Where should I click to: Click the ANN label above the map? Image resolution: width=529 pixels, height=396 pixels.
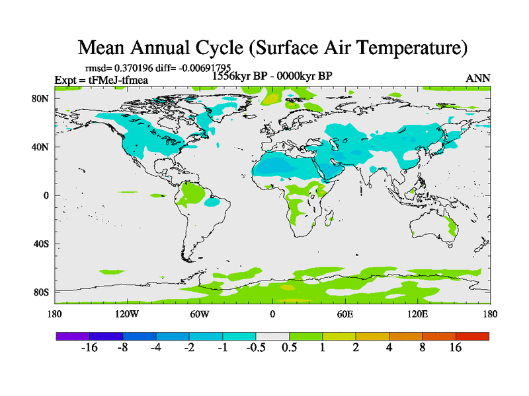click(478, 79)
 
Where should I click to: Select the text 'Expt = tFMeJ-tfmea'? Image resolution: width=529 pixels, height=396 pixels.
click(101, 80)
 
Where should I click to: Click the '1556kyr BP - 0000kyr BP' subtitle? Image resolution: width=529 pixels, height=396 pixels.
click(272, 76)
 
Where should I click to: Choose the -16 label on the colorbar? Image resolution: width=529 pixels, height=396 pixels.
click(89, 348)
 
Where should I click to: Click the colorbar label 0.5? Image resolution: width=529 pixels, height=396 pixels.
click(289, 348)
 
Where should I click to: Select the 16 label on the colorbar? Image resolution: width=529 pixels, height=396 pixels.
click(456, 348)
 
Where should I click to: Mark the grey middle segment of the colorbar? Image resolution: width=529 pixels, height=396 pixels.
click(272, 336)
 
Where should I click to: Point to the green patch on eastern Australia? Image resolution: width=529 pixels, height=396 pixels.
click(453, 228)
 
